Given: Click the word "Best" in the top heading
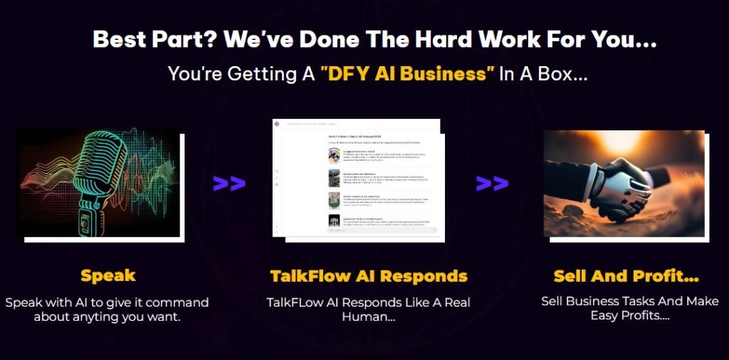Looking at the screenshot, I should click(117, 39).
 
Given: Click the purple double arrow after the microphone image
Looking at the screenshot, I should click(229, 183).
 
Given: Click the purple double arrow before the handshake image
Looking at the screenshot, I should click(492, 183).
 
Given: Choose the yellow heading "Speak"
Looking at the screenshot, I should click(107, 276).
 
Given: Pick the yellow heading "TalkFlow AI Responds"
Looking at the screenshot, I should click(369, 276).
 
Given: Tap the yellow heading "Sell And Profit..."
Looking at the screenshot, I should click(626, 276).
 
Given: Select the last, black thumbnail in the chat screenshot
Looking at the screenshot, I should click(333, 221).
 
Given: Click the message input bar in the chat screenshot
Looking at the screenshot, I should click(381, 230).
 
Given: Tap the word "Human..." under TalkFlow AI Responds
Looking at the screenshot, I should click(369, 317).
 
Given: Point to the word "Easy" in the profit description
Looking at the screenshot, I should click(607, 315).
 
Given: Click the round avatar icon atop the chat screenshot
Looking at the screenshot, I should click(277, 125).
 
